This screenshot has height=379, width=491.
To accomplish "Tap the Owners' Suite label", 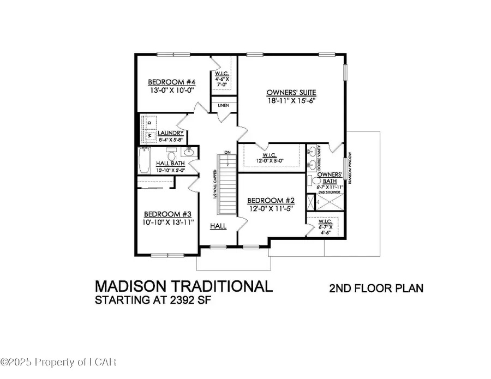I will click(x=291, y=92).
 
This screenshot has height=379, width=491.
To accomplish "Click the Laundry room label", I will click(x=171, y=133).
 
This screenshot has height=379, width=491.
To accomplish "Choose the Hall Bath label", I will click(x=171, y=163).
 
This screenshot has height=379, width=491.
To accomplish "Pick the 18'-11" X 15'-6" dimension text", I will click(x=291, y=100).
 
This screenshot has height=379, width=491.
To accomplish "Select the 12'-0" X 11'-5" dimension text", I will click(x=265, y=208).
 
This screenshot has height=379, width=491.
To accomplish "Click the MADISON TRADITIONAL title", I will click(x=183, y=287).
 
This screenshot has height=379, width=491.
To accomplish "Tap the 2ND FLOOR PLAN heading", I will click(x=376, y=288).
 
